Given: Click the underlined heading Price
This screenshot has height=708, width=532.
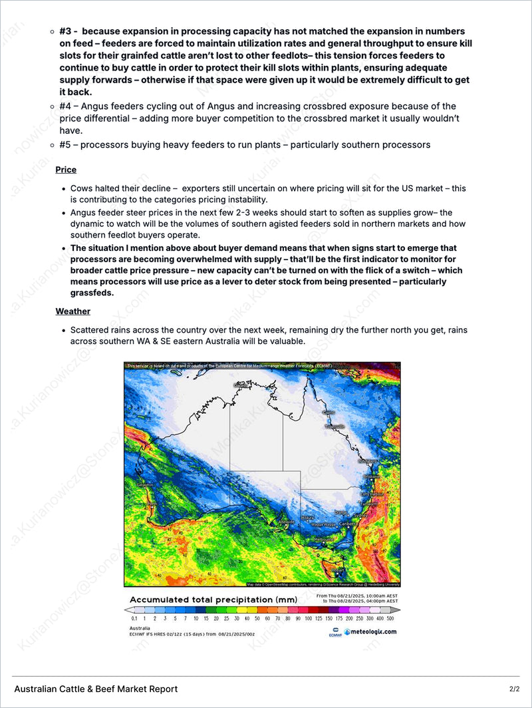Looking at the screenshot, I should tap(66, 170).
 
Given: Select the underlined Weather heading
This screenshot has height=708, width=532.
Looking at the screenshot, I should tap(72, 311).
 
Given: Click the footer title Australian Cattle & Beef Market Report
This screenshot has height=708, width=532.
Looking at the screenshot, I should tap(96, 689).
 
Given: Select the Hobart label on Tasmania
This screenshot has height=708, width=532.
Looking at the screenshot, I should tap(339, 570).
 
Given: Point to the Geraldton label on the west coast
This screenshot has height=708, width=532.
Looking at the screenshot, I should tap(146, 485).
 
